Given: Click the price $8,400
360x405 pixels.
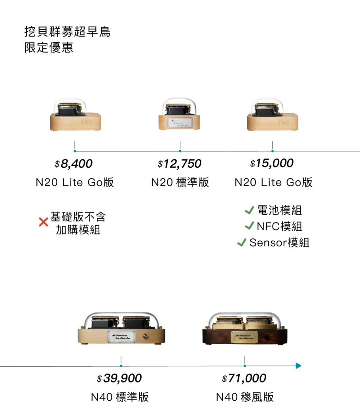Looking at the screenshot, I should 74,163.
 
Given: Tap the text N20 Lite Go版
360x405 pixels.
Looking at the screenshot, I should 74,183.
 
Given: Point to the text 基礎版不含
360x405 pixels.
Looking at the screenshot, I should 78,217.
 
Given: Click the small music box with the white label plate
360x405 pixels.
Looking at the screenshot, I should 179,115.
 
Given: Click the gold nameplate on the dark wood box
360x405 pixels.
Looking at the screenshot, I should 244,336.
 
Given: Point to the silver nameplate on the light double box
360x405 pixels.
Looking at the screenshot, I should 121,336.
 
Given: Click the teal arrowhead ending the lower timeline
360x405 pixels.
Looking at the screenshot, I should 299,366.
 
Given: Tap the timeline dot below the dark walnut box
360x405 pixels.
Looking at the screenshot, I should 245,366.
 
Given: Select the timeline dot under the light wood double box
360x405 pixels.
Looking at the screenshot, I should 121,366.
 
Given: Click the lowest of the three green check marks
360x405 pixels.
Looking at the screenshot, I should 241,242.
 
